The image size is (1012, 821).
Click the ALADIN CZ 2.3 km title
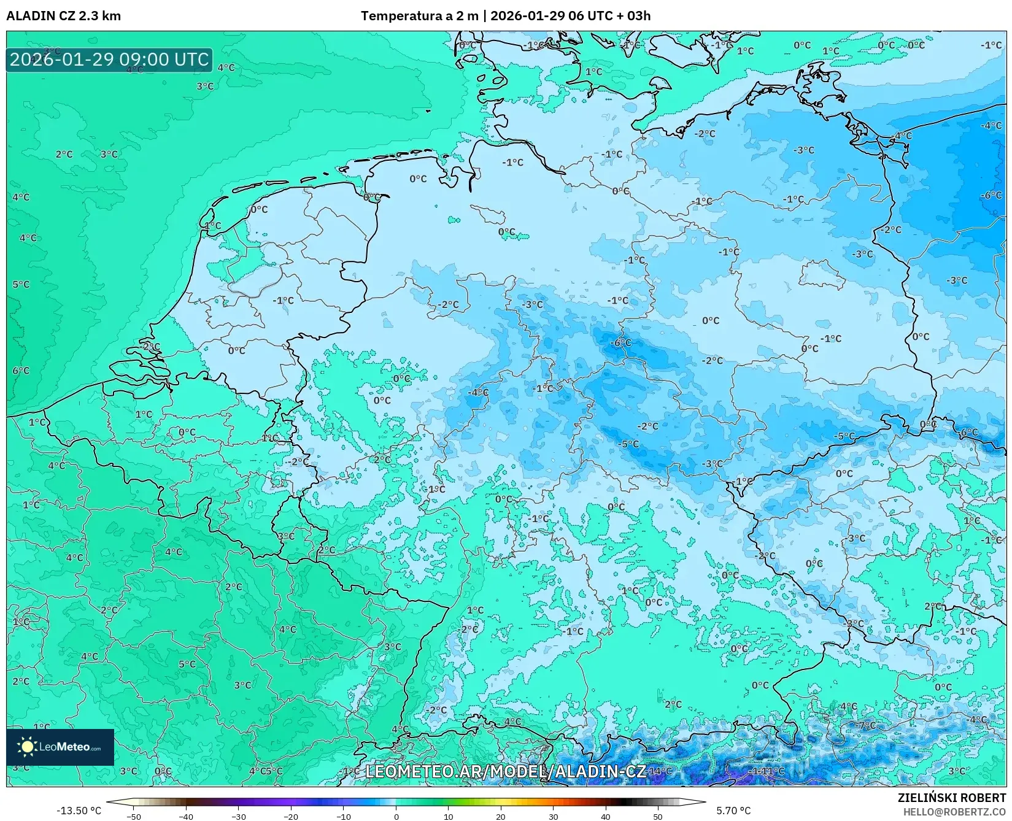coord(63,16)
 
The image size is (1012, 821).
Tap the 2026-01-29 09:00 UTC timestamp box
coord(109,60)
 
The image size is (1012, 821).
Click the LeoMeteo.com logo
coord(60,747)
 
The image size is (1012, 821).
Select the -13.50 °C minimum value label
coord(79,811)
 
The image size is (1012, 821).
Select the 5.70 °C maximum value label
coord(733,811)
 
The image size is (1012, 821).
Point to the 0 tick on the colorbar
coord(396,816)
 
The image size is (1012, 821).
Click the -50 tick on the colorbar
coord(133,816)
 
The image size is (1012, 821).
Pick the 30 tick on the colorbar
coord(554,816)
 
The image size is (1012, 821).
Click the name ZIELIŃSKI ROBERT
coord(952,798)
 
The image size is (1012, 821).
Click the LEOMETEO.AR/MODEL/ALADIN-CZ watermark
coord(505,771)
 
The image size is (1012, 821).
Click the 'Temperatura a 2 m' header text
coord(419,16)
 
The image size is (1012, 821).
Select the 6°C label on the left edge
coord(21,371)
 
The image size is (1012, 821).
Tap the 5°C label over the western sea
coord(21,284)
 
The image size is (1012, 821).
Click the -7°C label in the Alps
coord(867,725)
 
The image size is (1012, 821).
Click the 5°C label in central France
coord(187,664)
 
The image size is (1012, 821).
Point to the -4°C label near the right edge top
coord(991,126)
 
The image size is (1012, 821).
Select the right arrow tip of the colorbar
coord(703,802)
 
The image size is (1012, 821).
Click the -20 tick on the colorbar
coord(291,816)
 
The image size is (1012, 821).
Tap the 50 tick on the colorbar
coord(658,816)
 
